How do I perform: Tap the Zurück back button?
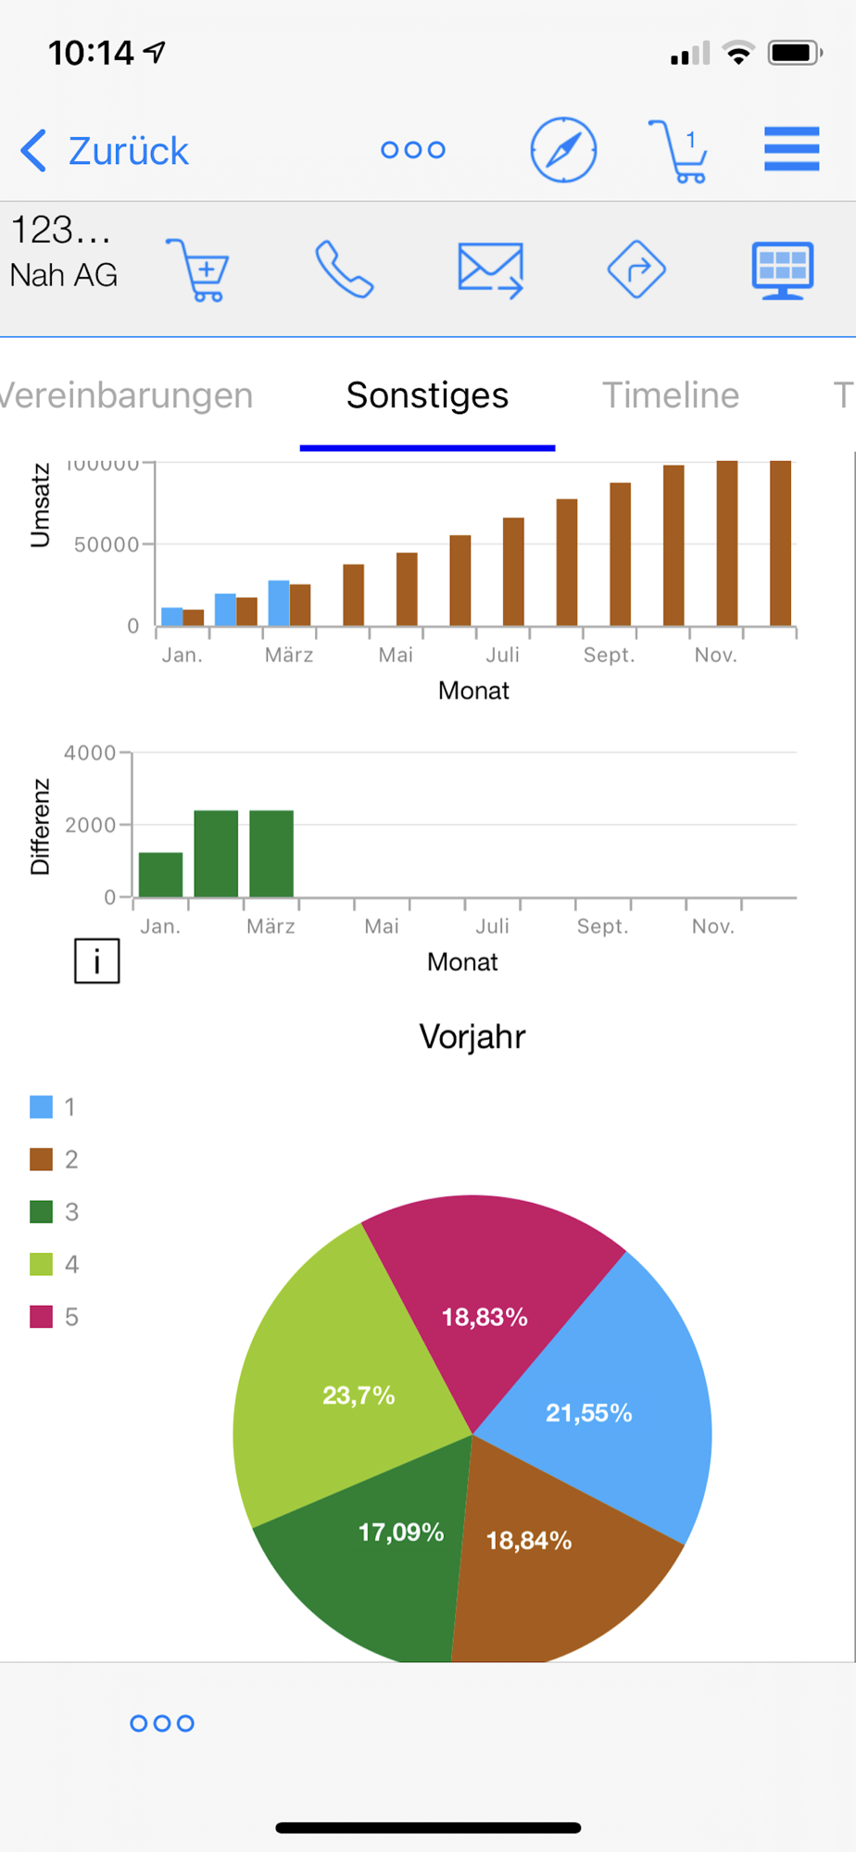coord(105,150)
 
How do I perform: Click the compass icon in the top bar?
coord(563,150)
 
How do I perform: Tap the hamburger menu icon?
coord(791,149)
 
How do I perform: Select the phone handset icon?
coord(344,269)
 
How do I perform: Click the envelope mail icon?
coord(490,269)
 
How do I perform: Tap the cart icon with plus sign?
coord(199,269)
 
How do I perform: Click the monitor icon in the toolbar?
coord(782,269)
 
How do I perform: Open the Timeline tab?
coord(671,395)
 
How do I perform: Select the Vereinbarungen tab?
coord(126,395)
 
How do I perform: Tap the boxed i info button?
coord(97,961)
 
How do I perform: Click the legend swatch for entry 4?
coord(41,1264)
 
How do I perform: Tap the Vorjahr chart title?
coord(472,1036)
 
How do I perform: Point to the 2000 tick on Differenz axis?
coord(90,825)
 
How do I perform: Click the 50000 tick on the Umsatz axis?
coord(107,544)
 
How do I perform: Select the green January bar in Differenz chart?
coord(160,875)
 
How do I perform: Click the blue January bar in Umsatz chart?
coord(171,617)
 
